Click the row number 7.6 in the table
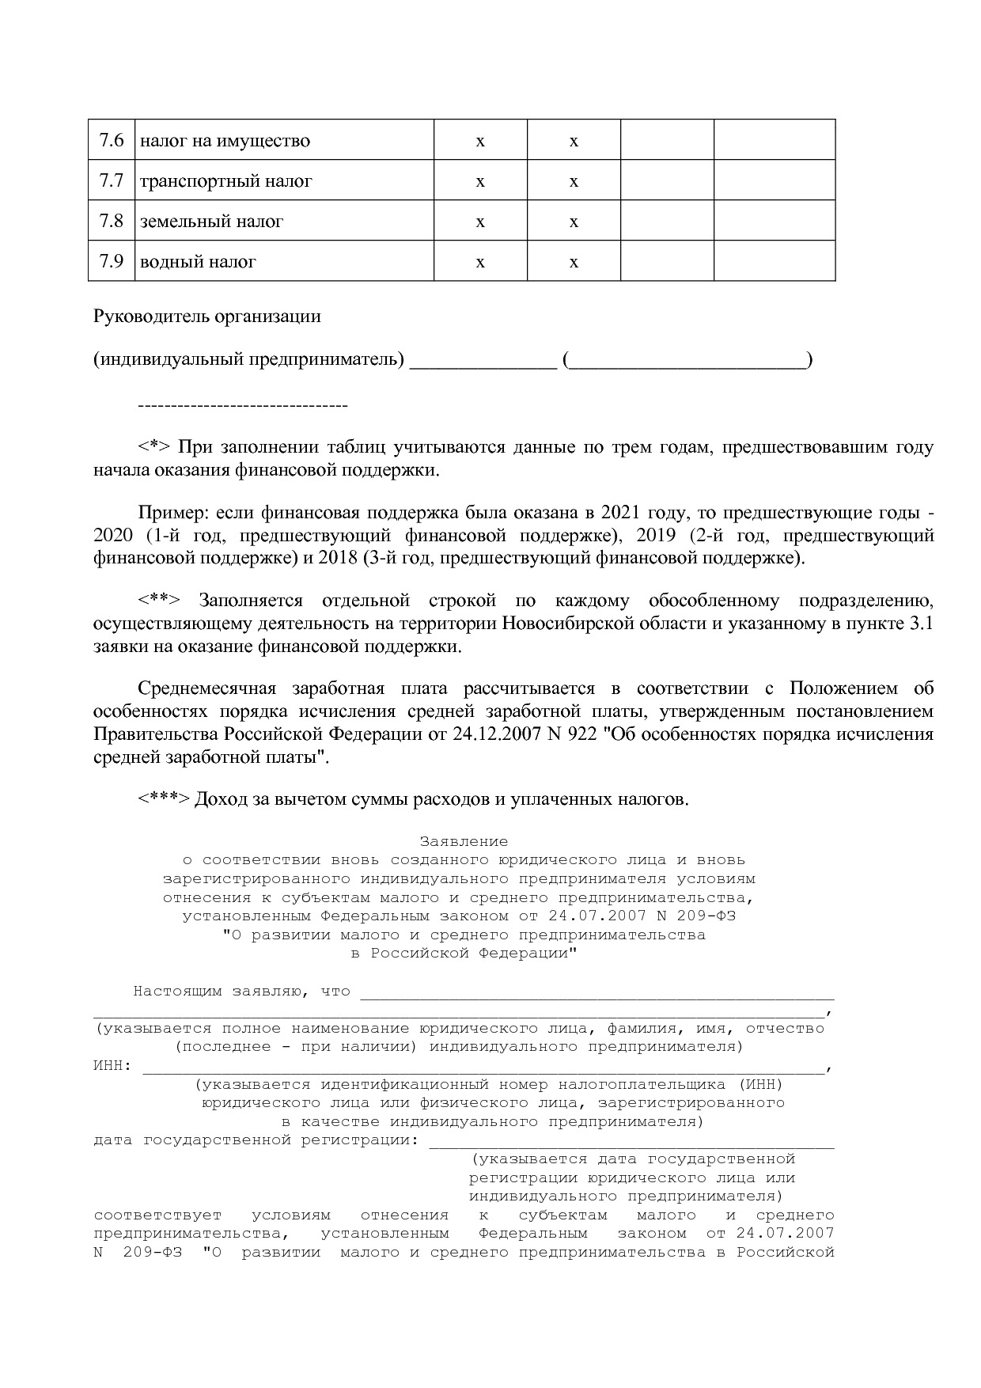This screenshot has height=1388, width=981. (x=112, y=141)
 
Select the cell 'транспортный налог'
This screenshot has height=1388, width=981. (x=225, y=181)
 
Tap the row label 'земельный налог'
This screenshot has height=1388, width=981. (x=211, y=222)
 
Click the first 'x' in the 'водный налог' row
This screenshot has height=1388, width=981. (x=480, y=262)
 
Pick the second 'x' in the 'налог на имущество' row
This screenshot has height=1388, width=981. (x=574, y=142)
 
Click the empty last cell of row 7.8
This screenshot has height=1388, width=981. (x=774, y=221)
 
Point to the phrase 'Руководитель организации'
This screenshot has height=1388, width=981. (x=207, y=317)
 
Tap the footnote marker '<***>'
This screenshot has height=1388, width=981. (x=164, y=799)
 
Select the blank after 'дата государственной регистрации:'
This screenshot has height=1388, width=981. (x=631, y=1141)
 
